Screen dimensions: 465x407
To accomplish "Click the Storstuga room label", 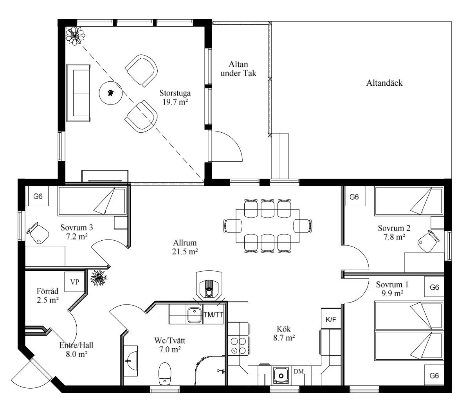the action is click(x=175, y=93).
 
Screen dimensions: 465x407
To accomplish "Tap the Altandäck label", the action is click(x=384, y=83).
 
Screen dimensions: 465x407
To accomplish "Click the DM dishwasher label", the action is click(x=299, y=371).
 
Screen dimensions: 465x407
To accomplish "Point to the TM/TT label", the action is click(x=213, y=315).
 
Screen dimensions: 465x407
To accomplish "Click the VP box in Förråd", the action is click(x=75, y=282).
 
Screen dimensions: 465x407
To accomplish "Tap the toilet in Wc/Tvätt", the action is click(x=165, y=373).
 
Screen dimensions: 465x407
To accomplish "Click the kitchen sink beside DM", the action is click(x=281, y=376).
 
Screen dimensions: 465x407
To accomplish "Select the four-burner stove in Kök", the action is click(x=239, y=346).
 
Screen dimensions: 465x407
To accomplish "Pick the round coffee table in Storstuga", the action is click(x=111, y=93).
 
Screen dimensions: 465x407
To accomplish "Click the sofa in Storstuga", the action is click(x=78, y=93).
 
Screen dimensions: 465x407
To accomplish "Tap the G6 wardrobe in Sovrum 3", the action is click(x=38, y=196).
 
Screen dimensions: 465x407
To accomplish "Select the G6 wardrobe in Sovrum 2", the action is click(x=354, y=197).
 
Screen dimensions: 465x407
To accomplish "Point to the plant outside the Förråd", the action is click(x=99, y=278).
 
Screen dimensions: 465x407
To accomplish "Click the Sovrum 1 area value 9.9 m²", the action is click(x=392, y=294).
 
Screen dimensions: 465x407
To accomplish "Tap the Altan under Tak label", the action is click(x=238, y=69).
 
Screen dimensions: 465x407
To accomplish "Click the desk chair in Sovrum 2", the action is click(x=428, y=241).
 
